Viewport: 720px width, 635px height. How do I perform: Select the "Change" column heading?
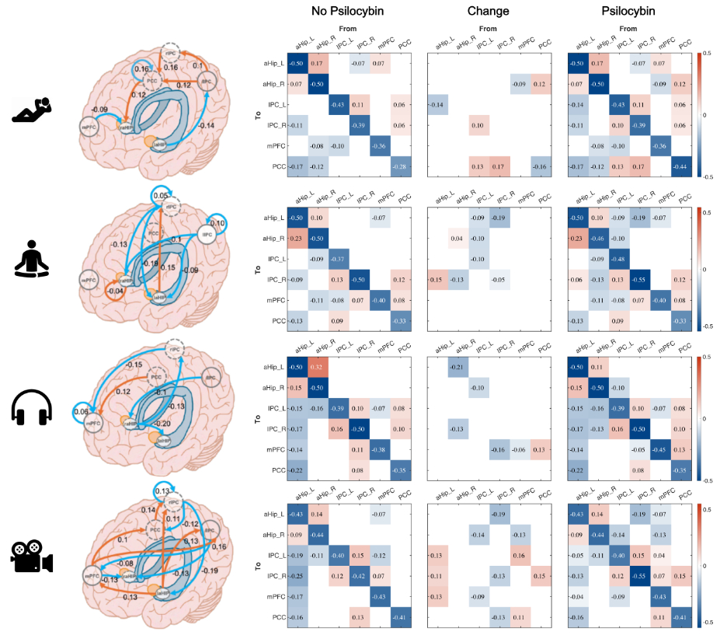click(488, 11)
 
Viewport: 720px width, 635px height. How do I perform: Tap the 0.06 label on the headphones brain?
click(80, 411)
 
